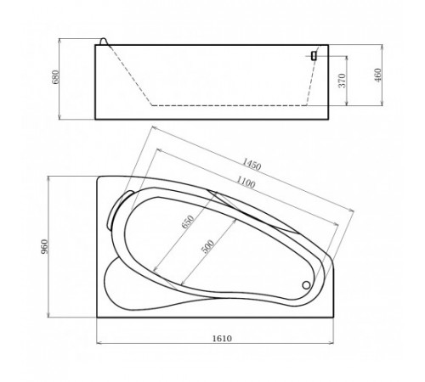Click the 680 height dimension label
pyautogui.click(x=56, y=76)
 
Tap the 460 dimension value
pyautogui.click(x=378, y=75)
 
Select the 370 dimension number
pyautogui.click(x=343, y=81)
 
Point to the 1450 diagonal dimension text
pyautogui.click(x=252, y=165)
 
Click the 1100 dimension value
pyautogui.click(x=246, y=183)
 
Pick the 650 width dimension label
pyautogui.click(x=188, y=222)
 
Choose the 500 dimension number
pyautogui.click(x=207, y=246)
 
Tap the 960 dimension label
pyautogui.click(x=45, y=247)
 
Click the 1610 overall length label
pyautogui.click(x=222, y=338)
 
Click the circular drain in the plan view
pyautogui.click(x=306, y=285)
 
